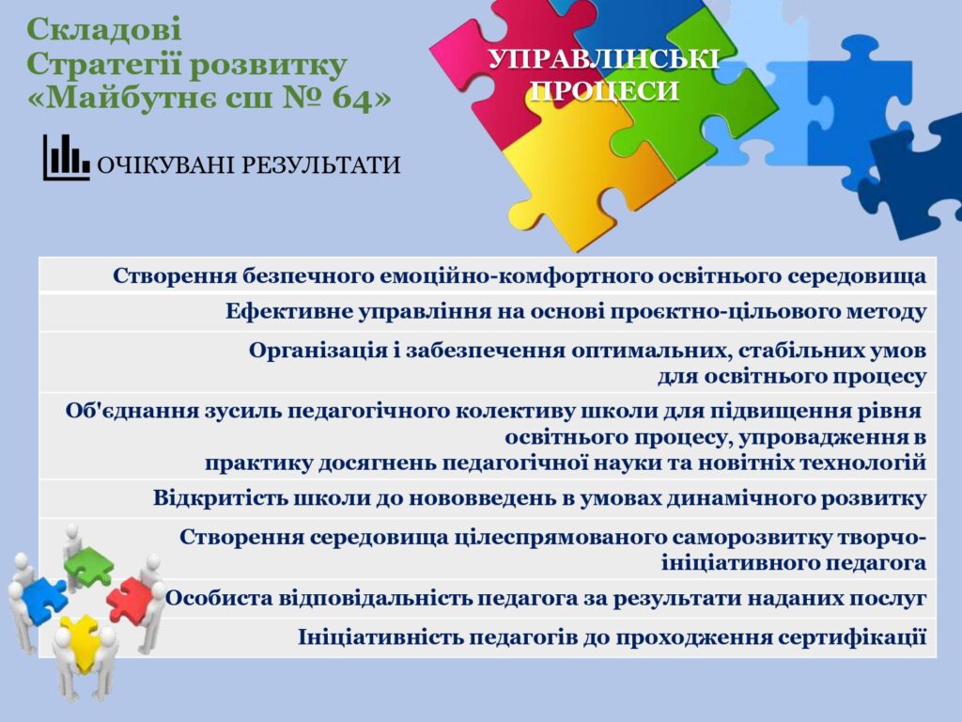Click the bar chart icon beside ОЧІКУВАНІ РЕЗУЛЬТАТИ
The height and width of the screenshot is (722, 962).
click(66, 157)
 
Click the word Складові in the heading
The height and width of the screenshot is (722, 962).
click(103, 30)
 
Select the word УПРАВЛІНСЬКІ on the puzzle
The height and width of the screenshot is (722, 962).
click(603, 59)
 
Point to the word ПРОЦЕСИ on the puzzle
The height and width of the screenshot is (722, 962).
click(605, 91)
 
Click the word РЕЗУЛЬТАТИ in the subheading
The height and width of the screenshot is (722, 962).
click(320, 165)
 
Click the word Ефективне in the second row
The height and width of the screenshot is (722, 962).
click(287, 312)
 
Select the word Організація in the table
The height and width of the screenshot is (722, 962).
click(318, 352)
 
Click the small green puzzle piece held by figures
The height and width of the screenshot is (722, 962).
click(89, 565)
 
